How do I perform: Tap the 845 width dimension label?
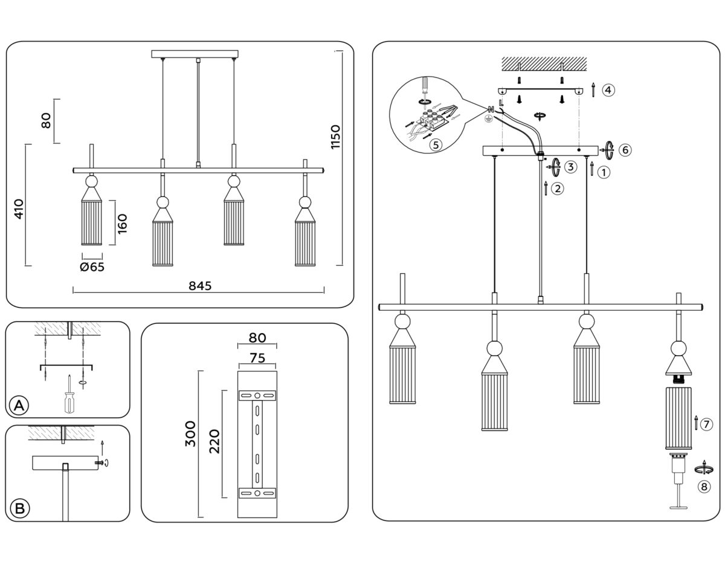[x=199, y=286]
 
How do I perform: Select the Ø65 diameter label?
[x=92, y=267]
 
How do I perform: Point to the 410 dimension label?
[x=19, y=209]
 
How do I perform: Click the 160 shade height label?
[x=123, y=223]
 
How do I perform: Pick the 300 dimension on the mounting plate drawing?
[x=191, y=433]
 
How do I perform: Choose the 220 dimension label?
[x=213, y=441]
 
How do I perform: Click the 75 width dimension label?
[x=257, y=358]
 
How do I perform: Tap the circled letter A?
[x=19, y=406]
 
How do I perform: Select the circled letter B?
[x=19, y=508]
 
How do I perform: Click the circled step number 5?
[x=435, y=144]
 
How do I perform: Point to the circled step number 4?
[x=608, y=90]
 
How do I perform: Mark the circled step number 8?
[x=703, y=487]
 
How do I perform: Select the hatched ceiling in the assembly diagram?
[x=544, y=63]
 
